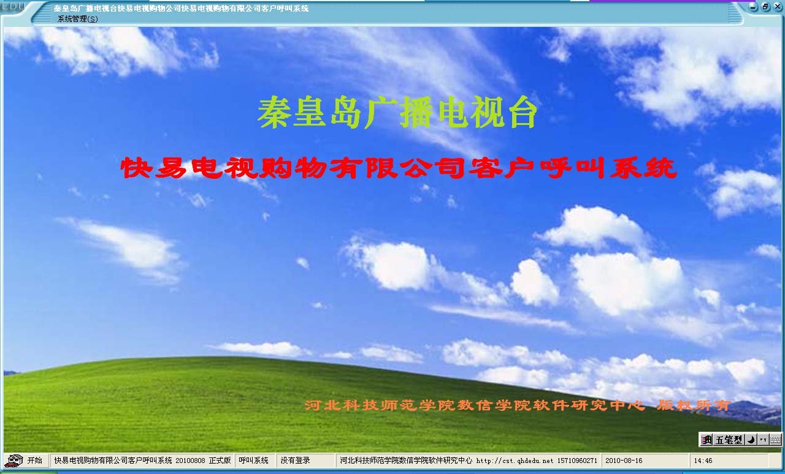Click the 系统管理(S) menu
point(77,19)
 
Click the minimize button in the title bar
point(753,7)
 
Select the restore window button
point(765,7)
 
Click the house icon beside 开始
point(14,461)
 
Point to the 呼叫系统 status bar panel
point(254,461)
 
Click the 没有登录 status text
point(296,461)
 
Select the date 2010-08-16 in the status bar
point(624,461)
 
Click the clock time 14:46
point(703,461)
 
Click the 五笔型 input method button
point(729,440)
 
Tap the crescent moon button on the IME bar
point(751,440)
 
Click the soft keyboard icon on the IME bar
point(776,440)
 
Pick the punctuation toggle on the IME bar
point(764,440)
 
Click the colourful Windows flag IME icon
point(706,440)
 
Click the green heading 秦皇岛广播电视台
point(397,113)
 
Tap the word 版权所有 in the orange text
point(694,405)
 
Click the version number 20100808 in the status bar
point(190,461)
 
